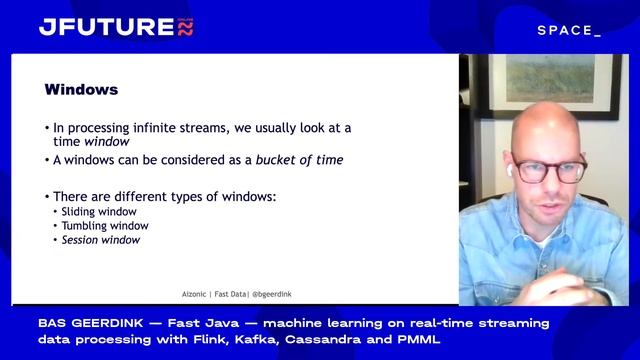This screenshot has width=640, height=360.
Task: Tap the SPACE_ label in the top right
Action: click(x=569, y=31)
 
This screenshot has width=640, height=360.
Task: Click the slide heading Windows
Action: click(x=81, y=90)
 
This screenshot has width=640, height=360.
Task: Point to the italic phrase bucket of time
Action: click(x=299, y=160)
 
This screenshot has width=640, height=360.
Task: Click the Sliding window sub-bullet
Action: click(x=99, y=212)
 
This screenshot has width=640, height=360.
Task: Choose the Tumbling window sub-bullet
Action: click(x=104, y=226)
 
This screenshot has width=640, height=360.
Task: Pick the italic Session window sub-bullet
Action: click(x=101, y=240)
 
